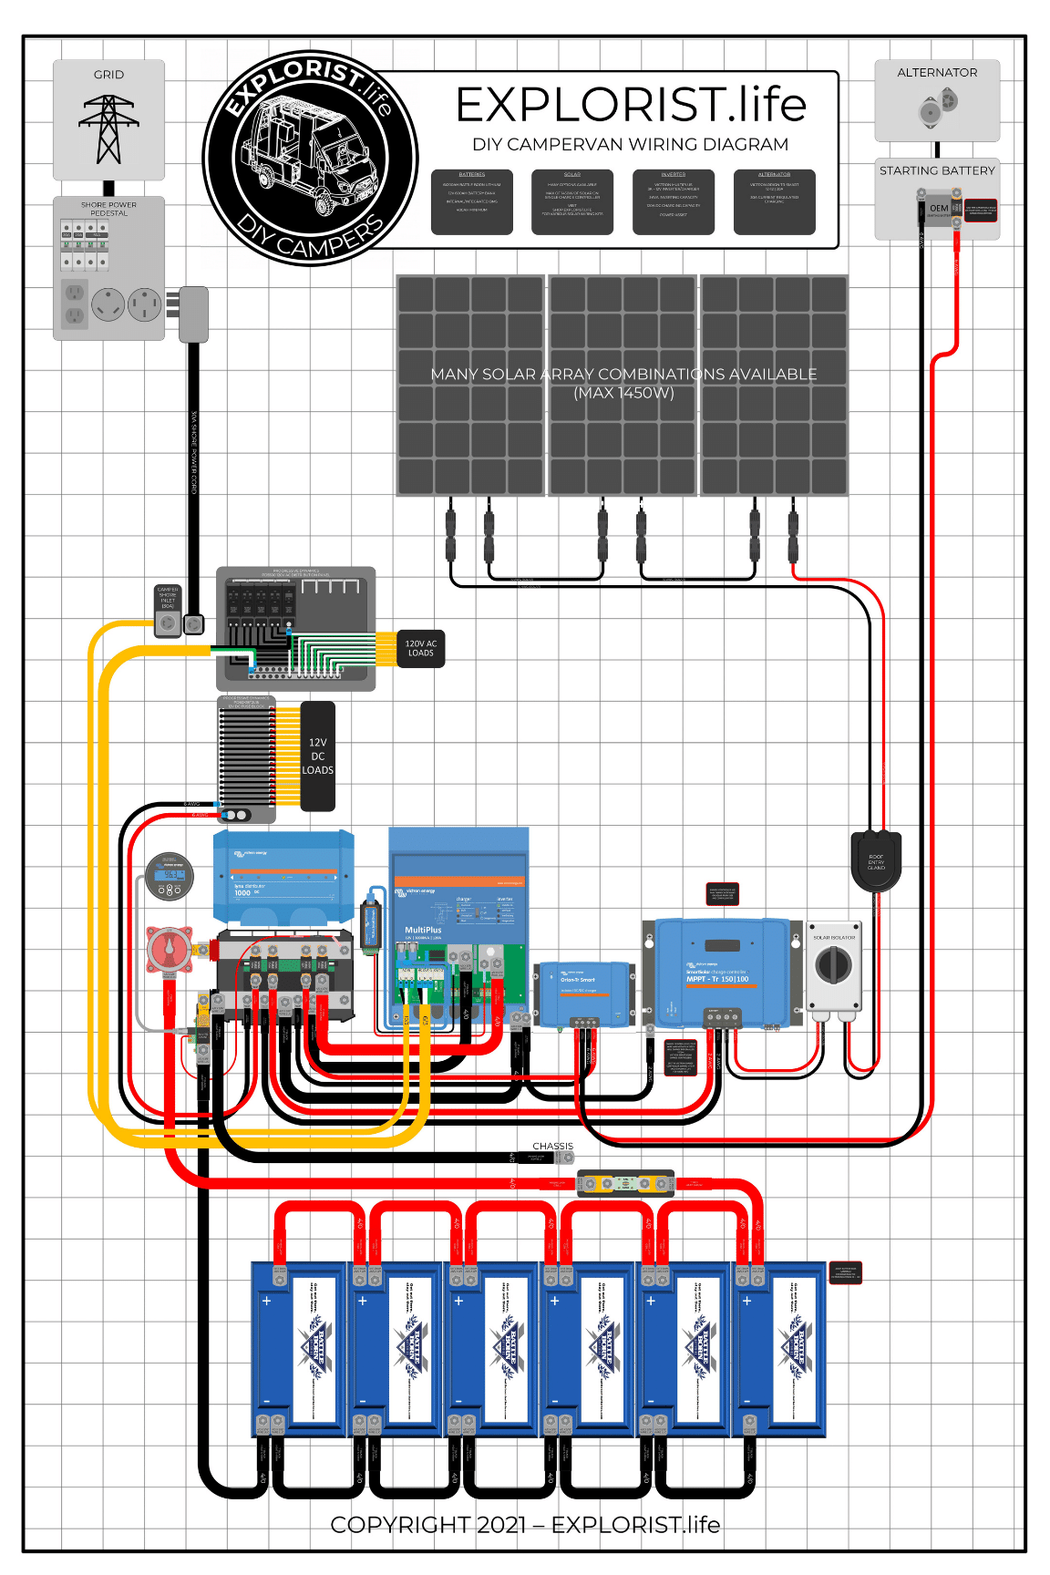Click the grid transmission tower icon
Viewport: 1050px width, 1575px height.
point(108,129)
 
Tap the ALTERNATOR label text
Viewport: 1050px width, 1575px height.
point(937,73)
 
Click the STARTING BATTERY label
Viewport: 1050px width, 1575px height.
point(937,170)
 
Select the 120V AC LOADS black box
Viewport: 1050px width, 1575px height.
point(421,648)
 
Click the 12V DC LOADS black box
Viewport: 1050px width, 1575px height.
point(317,757)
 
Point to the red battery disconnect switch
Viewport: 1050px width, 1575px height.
point(170,950)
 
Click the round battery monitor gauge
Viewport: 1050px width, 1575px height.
point(170,877)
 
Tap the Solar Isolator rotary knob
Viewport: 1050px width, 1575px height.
point(833,964)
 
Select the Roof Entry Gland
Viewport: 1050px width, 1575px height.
point(876,860)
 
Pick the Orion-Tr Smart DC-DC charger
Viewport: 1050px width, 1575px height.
point(584,992)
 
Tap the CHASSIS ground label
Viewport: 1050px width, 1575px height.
point(552,1146)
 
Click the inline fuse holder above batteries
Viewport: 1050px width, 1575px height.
point(626,1183)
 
